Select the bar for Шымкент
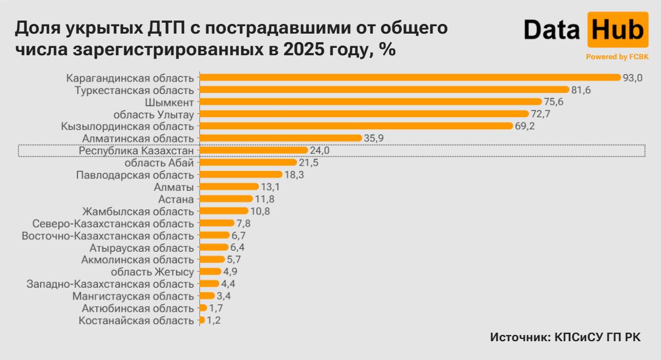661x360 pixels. click(370, 102)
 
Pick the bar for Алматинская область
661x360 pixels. click(280, 138)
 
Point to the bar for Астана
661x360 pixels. click(226, 199)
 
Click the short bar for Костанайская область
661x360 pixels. click(202, 320)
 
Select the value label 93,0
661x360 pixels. click(633, 78)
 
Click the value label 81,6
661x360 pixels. click(582, 90)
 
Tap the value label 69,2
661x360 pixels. click(524, 126)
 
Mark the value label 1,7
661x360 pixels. click(216, 308)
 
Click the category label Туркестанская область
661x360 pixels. click(134, 90)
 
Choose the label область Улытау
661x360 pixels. click(151, 114)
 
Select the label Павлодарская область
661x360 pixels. click(134, 175)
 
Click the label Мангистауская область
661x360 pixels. click(133, 296)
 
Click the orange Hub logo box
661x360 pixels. click(618, 30)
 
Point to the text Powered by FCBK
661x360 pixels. click(617, 57)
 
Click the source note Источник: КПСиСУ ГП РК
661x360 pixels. click(565, 337)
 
